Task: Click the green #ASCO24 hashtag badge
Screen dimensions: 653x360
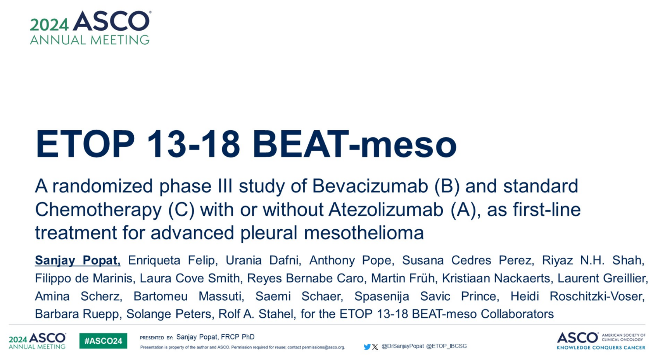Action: click(103, 341)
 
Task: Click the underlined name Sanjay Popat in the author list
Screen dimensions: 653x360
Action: click(78, 260)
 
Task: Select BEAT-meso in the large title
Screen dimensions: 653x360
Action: click(354, 144)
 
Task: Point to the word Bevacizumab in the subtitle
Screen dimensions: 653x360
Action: click(370, 186)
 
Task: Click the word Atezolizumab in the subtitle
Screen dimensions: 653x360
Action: click(386, 209)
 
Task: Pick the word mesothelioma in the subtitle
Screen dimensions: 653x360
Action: click(364, 232)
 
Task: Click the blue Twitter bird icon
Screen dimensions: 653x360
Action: click(367, 346)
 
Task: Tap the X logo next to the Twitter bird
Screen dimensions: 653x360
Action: click(375, 346)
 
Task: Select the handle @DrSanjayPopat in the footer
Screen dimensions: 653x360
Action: click(403, 346)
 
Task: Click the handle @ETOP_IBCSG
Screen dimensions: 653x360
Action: click(446, 346)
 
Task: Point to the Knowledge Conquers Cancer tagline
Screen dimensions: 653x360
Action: click(601, 348)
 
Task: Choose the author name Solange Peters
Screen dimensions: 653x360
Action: click(169, 314)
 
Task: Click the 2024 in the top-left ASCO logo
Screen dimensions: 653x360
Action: click(49, 25)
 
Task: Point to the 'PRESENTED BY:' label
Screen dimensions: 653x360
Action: click(157, 338)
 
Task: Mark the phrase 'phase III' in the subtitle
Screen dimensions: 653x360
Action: click(196, 186)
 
